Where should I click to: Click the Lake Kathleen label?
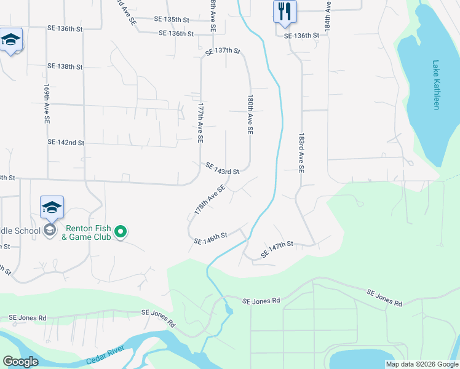coord(436,84)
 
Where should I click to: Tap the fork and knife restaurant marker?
coord(285,12)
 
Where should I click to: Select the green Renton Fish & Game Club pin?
coord(121,231)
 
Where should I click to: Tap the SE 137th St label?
coord(223,50)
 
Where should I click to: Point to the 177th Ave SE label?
coord(200,122)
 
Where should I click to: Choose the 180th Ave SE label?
coord(250,115)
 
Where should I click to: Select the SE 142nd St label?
coord(65,142)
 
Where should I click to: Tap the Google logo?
coord(21,362)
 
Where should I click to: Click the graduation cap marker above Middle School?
coord(52,207)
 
